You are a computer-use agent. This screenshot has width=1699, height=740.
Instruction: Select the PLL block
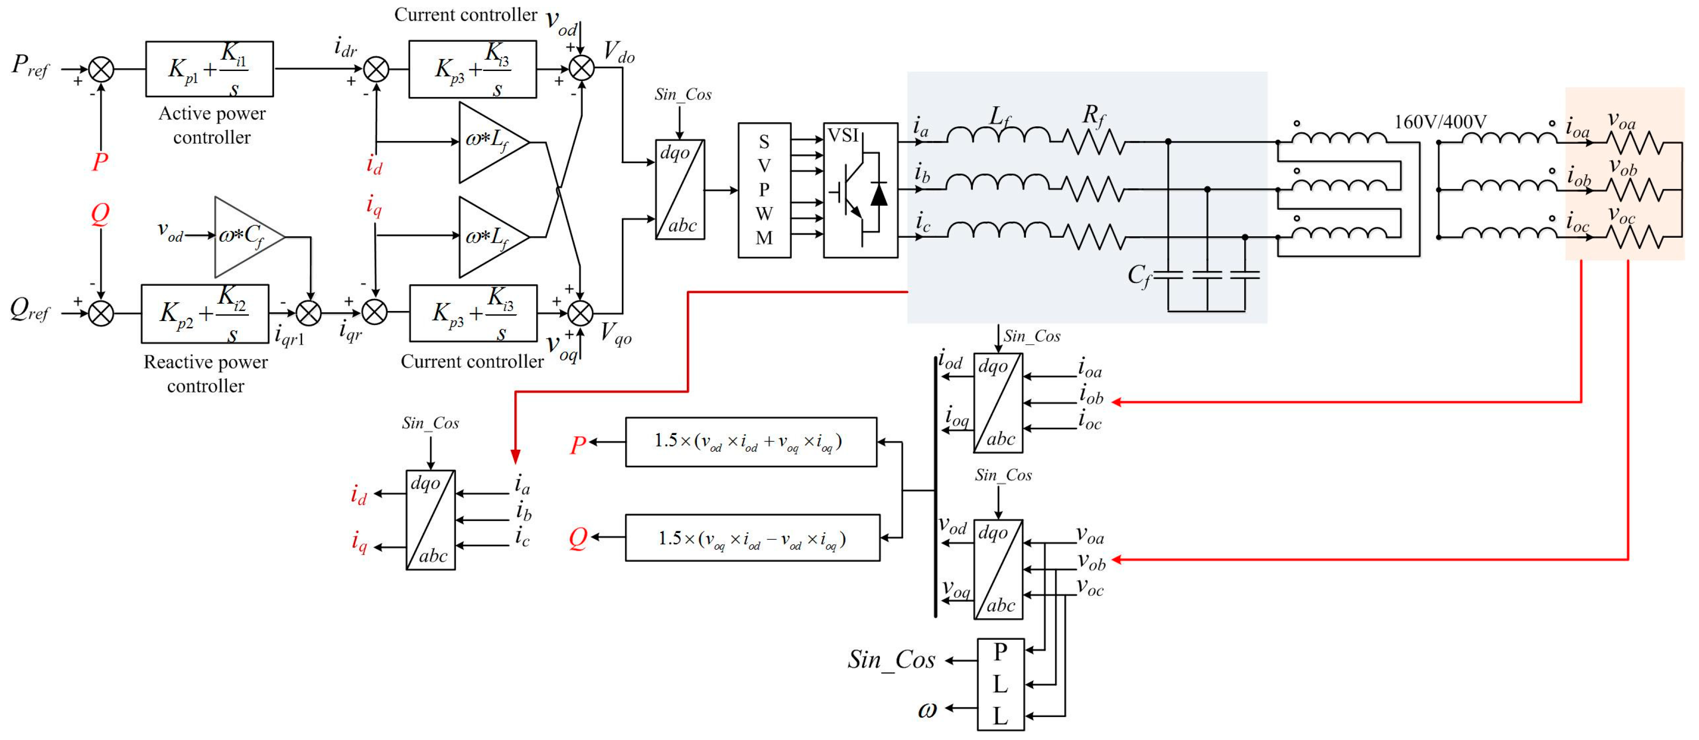coord(1000,684)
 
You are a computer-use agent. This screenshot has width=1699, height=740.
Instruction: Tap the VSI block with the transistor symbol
coord(860,190)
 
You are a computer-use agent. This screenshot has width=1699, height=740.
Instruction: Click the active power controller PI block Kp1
coord(209,69)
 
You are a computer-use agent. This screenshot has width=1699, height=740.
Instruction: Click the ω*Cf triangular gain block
coord(244,236)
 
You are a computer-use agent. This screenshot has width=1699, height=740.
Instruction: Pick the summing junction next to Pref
coord(101,69)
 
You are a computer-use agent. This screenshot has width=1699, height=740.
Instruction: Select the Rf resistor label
coord(1093,116)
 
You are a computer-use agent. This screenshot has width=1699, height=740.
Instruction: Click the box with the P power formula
coord(750,441)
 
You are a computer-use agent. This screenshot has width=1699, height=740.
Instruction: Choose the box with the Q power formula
coord(752,538)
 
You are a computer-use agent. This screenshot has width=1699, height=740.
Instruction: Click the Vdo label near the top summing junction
coord(619,51)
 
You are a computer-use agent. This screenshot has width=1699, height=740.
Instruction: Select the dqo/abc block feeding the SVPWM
coord(680,190)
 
